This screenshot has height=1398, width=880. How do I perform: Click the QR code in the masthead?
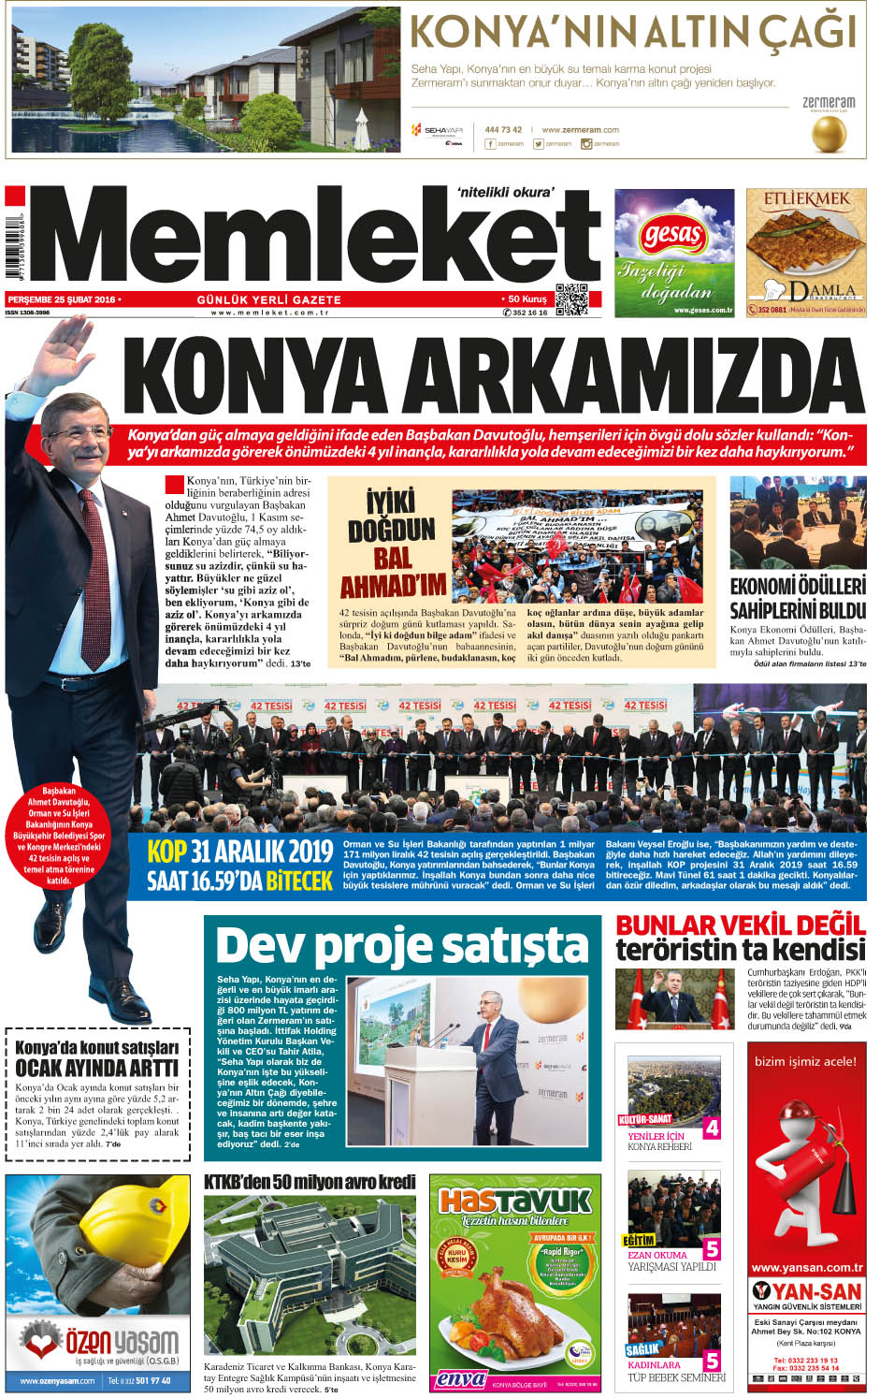click(x=571, y=299)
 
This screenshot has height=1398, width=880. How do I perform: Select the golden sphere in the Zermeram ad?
click(x=829, y=135)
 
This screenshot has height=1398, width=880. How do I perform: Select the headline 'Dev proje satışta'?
click(x=400, y=945)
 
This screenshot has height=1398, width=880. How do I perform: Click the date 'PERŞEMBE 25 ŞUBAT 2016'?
click(x=62, y=299)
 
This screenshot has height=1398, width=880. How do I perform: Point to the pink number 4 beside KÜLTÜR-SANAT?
click(x=712, y=1129)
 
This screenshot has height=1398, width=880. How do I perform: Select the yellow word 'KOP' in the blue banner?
click(x=167, y=851)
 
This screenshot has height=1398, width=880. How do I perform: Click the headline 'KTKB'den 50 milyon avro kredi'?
click(x=310, y=1182)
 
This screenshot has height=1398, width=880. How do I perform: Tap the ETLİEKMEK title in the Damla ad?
click(x=806, y=199)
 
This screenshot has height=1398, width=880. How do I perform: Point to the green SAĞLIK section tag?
click(x=643, y=1349)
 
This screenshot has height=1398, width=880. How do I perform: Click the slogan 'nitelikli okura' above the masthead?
click(x=505, y=192)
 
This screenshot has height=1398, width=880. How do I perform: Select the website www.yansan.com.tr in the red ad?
click(x=806, y=1267)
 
